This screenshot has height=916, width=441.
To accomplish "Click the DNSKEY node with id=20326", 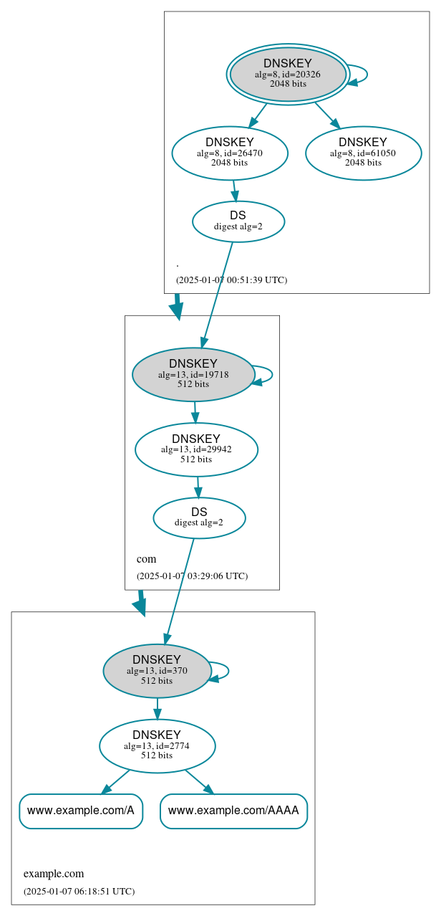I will (x=288, y=74).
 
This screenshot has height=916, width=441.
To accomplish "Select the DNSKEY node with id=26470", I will (x=230, y=153).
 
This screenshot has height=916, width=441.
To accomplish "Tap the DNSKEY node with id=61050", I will (x=363, y=153).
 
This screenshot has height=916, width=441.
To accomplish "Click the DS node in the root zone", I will (x=238, y=221).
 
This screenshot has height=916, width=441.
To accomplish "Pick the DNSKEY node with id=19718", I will (x=193, y=374).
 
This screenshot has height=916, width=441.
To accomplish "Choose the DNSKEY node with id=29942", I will (x=196, y=449).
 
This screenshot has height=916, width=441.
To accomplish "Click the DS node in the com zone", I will (x=199, y=517).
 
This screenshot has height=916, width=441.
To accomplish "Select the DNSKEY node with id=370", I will (x=157, y=671).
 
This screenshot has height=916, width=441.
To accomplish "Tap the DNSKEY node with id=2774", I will (x=157, y=746).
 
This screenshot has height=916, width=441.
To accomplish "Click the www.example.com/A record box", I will (x=81, y=811).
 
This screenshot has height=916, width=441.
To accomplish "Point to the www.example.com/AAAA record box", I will (x=233, y=811).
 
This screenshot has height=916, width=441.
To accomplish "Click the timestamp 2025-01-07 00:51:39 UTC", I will (x=231, y=280).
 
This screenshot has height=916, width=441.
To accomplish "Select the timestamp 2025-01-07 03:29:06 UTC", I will (x=192, y=576).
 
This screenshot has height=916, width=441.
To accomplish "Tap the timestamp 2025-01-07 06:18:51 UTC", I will (x=79, y=892).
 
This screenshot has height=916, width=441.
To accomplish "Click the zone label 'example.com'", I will (x=54, y=874).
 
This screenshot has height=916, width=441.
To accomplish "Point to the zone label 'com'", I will (x=146, y=559).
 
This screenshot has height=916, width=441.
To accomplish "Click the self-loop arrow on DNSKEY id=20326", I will (x=367, y=75).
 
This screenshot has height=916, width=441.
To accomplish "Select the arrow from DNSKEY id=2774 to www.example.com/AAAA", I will (x=199, y=781).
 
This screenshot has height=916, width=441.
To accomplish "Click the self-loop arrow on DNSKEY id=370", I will (x=228, y=671).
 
